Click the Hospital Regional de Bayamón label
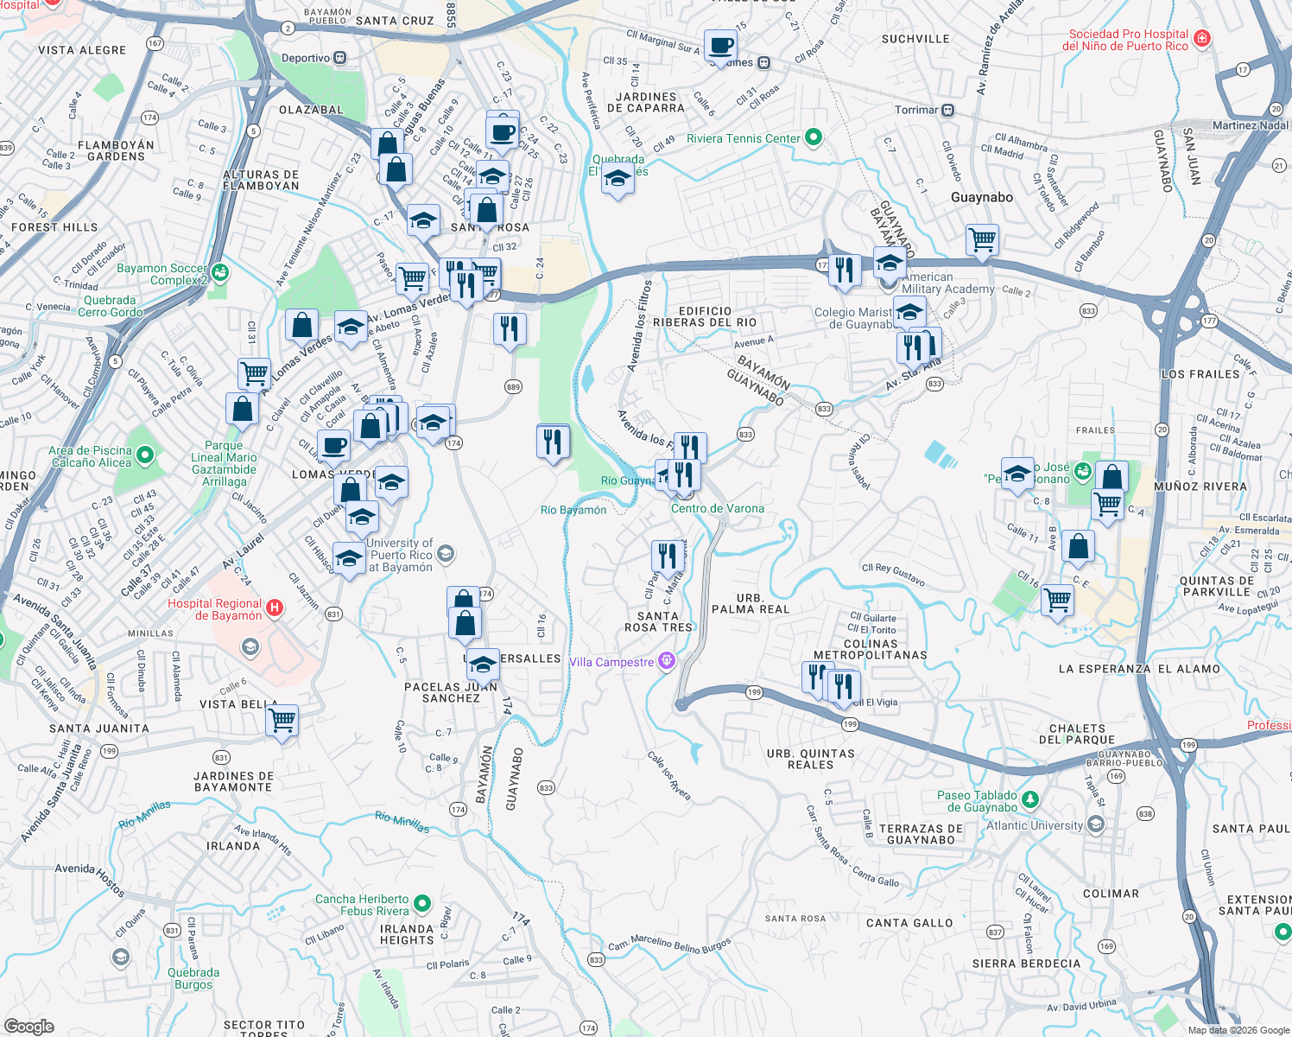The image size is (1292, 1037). coord(214,609)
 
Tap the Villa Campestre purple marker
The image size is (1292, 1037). coord(666,661)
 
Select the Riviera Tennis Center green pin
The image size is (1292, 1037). coord(813,137)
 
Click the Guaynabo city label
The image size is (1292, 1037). coord(981,197)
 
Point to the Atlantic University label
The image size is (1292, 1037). coord(1034,825)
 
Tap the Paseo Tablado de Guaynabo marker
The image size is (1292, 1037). coord(1029,800)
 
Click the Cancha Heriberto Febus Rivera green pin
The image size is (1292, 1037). coord(422,904)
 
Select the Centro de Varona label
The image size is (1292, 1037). coord(717,508)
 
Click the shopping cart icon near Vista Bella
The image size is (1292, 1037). coord(282,720)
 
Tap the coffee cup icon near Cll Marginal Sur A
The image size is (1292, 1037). coord(719,45)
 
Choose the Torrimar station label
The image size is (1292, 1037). coord(916,110)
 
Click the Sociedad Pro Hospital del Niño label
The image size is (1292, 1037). coord(1128,40)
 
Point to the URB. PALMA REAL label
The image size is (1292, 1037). coord(750,603)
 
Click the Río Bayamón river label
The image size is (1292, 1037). coord(573,510)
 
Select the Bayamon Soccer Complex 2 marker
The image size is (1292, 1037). coord(219,273)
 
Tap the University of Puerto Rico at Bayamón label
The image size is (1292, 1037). coord(400,555)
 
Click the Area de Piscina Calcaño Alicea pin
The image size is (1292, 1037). coord(144,455)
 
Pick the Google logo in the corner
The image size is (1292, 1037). coord(28,1026)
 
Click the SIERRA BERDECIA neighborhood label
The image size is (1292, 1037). coord(1026,963)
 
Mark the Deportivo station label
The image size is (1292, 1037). coord(306,58)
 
